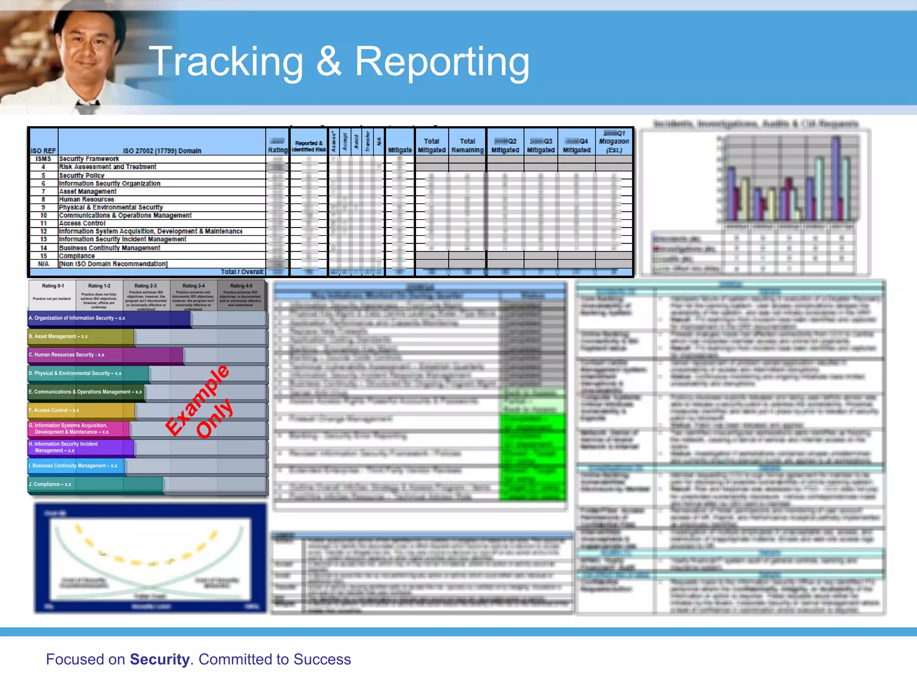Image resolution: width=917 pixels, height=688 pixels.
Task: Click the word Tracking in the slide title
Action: (x=226, y=62)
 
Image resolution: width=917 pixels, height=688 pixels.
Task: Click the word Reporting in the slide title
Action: (x=442, y=62)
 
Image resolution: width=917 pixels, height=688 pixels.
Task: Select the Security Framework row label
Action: (x=89, y=159)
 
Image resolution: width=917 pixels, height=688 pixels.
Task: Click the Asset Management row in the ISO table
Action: (x=88, y=191)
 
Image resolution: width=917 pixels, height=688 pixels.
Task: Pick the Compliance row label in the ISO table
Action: (x=77, y=256)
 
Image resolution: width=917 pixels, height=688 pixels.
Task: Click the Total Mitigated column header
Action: (x=432, y=146)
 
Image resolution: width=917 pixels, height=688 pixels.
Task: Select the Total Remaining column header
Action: (x=467, y=146)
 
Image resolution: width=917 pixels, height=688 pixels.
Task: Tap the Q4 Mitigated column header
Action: (x=577, y=146)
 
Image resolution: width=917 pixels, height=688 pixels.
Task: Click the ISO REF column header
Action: (x=43, y=151)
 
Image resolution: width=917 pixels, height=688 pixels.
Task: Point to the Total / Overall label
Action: (x=242, y=271)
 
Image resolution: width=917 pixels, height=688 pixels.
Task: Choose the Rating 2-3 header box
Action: (x=146, y=296)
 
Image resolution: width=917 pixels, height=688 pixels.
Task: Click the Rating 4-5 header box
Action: (x=241, y=296)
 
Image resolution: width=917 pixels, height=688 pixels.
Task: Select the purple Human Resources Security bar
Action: (x=106, y=355)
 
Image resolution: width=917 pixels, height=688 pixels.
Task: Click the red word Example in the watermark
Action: (x=197, y=400)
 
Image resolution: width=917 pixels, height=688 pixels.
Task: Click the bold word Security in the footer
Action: (x=159, y=659)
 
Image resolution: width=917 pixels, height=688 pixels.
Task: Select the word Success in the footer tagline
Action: (x=322, y=659)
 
